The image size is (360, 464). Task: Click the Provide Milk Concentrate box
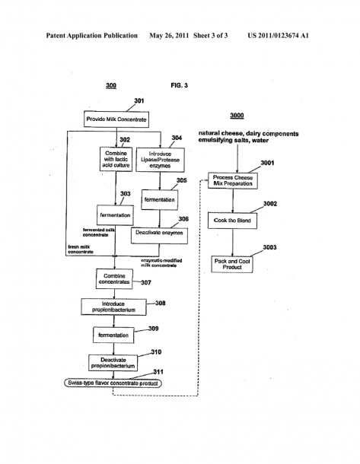click(x=116, y=119)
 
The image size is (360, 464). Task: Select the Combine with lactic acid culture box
click(x=116, y=159)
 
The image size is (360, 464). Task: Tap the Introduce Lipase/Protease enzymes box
click(x=160, y=160)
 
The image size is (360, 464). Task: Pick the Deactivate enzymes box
click(x=159, y=236)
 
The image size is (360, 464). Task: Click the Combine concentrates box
click(x=114, y=278)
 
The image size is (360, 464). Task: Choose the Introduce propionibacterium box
click(x=113, y=307)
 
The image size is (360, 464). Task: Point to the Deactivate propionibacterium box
click(x=113, y=363)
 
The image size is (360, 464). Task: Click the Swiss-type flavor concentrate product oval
click(x=113, y=383)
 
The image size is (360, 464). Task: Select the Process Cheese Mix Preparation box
click(x=233, y=180)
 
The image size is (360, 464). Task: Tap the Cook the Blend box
click(x=232, y=221)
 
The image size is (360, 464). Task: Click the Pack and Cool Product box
click(x=232, y=264)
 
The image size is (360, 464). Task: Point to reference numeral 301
click(x=139, y=101)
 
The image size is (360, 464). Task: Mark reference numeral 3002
click(x=270, y=204)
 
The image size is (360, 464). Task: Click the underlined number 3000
click(x=237, y=116)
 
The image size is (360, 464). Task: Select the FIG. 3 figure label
click(x=179, y=85)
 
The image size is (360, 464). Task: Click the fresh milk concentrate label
click(x=81, y=249)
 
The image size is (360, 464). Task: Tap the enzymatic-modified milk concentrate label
click(x=161, y=262)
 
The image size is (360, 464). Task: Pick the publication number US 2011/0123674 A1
click(x=278, y=36)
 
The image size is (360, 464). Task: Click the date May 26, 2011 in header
click(x=169, y=36)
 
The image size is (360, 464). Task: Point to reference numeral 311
click(x=158, y=372)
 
